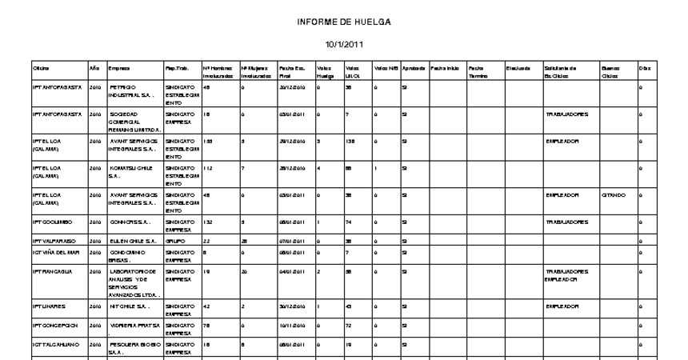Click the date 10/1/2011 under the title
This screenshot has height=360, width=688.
(x=343, y=44)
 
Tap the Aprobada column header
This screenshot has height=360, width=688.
(x=414, y=69)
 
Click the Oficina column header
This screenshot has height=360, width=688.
(x=41, y=69)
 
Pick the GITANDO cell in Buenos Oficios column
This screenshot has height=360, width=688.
(x=616, y=195)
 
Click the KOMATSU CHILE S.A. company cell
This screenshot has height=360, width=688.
(x=130, y=172)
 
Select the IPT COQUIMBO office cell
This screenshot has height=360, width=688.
(x=54, y=220)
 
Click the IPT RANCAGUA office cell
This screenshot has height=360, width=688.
(x=52, y=271)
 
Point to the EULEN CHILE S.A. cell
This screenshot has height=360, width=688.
(x=129, y=241)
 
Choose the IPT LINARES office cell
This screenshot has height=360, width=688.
(x=49, y=306)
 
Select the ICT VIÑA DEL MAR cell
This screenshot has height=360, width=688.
(x=57, y=253)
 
